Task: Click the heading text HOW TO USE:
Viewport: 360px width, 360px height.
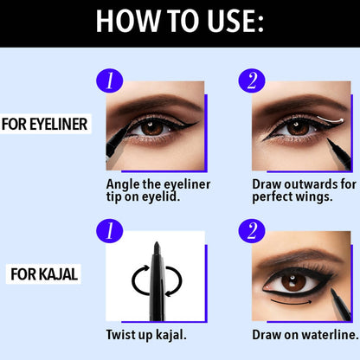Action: (x=180, y=21)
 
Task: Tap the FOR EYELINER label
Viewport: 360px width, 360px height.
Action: (x=44, y=124)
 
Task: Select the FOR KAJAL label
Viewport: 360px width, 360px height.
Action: (x=44, y=274)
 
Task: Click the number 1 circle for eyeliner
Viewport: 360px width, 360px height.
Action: (x=110, y=80)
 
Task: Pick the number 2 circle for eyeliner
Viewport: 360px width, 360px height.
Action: (x=252, y=80)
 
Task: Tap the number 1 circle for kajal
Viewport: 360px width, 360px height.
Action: (x=110, y=231)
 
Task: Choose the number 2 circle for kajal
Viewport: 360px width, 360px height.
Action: (x=252, y=231)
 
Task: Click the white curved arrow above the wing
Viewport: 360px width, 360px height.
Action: (x=331, y=119)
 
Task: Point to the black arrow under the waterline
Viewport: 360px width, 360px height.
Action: (x=292, y=303)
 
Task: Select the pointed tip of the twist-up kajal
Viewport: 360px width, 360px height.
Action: (x=157, y=243)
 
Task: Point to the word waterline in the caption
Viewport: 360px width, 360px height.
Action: (x=330, y=335)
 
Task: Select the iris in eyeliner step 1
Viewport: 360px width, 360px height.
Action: (x=152, y=127)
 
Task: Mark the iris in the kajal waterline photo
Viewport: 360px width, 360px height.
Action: (x=293, y=281)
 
